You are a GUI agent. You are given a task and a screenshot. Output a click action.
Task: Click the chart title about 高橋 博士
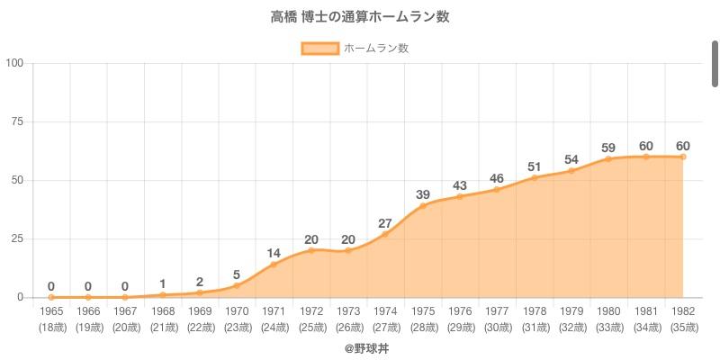click(x=360, y=17)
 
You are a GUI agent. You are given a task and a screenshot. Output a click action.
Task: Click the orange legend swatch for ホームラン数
click(x=319, y=49)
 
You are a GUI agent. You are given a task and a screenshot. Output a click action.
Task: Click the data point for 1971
click(x=274, y=264)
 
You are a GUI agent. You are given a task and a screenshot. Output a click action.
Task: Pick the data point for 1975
click(x=422, y=206)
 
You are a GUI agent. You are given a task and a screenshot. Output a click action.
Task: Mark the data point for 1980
click(x=608, y=158)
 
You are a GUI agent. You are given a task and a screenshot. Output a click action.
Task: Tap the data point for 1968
click(x=163, y=294)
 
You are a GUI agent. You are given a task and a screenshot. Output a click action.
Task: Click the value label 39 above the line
click(x=422, y=194)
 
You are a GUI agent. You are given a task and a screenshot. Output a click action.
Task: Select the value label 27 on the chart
click(x=385, y=222)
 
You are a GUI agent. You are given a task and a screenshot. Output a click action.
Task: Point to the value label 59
click(x=608, y=147)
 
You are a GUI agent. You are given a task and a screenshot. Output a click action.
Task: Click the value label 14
click(x=274, y=252)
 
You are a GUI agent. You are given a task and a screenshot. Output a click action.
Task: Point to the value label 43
click(x=460, y=184)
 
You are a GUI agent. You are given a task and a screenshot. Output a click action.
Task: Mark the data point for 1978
click(x=534, y=177)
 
